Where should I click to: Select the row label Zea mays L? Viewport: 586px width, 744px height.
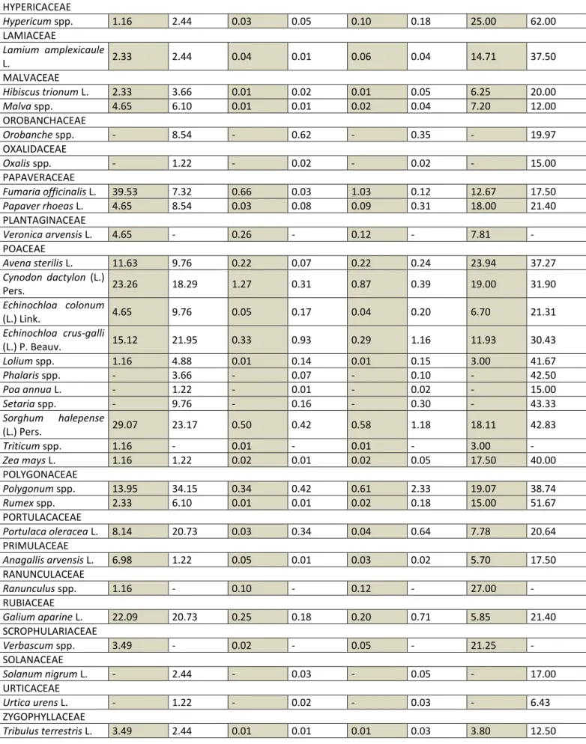pyautogui.click(x=29, y=460)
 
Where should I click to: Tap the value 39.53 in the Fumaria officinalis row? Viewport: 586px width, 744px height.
pyautogui.click(x=125, y=192)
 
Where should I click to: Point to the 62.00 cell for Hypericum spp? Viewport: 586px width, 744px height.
pyautogui.click(x=543, y=22)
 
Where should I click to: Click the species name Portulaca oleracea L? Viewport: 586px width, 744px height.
pyautogui.click(x=50, y=531)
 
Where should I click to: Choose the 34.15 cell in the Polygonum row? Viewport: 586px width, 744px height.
pyautogui.click(x=185, y=489)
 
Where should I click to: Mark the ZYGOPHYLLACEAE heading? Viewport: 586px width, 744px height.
pyautogui.click(x=43, y=716)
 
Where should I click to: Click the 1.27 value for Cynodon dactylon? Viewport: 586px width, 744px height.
pyautogui.click(x=242, y=284)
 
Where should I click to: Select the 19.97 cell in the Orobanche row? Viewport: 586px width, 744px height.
pyautogui.click(x=543, y=135)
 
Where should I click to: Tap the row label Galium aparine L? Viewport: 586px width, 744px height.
pyautogui.click(x=43, y=617)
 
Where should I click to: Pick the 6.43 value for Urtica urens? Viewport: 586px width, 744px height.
pyautogui.click(x=540, y=702)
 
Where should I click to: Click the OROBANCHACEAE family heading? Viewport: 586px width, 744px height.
pyautogui.click(x=44, y=121)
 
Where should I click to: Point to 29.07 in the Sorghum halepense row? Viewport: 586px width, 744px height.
pyautogui.click(x=125, y=424)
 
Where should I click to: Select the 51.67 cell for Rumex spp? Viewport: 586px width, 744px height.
pyautogui.click(x=543, y=503)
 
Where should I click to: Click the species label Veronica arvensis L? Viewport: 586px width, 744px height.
pyautogui.click(x=47, y=234)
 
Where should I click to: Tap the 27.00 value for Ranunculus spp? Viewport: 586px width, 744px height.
pyautogui.click(x=483, y=588)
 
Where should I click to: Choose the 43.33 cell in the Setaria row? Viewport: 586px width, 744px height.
pyautogui.click(x=543, y=403)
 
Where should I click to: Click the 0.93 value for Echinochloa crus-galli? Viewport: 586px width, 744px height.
pyautogui.click(x=301, y=341)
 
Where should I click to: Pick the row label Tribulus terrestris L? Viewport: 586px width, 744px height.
pyautogui.click(x=47, y=731)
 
